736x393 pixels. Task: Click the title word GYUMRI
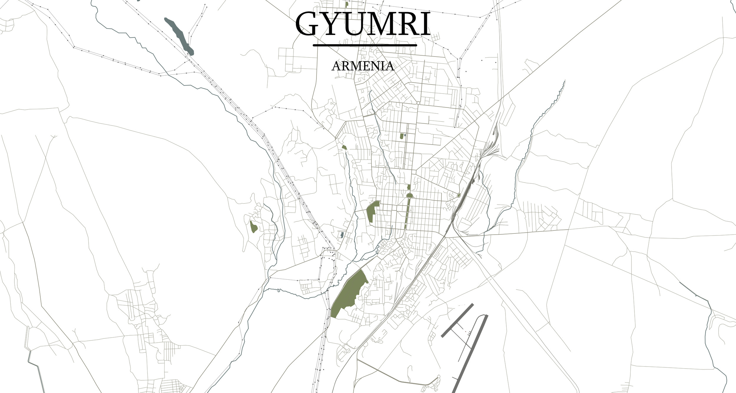point(363,24)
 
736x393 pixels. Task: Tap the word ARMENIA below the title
point(363,66)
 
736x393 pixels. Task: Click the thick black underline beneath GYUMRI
point(365,45)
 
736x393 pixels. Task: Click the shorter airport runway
point(457,321)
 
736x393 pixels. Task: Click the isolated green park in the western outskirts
point(253,227)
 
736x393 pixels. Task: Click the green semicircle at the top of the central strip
point(409,195)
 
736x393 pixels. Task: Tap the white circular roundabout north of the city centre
point(418,103)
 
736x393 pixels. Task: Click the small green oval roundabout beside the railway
point(459,195)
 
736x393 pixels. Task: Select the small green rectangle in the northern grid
point(402,136)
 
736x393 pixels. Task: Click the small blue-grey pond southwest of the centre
point(342,235)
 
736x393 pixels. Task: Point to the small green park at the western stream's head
point(344,147)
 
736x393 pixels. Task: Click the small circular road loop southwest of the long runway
point(439,377)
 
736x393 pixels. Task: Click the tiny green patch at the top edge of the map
point(347,4)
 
